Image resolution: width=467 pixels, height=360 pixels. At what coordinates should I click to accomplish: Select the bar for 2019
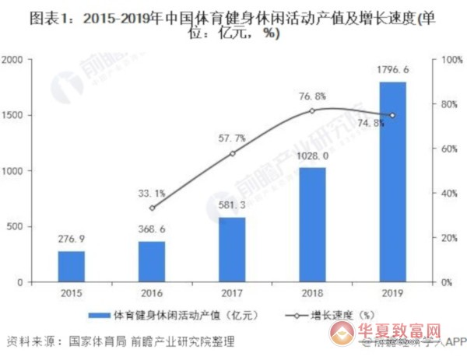[x=392, y=183]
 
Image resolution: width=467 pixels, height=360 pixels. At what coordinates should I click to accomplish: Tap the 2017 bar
[x=232, y=250]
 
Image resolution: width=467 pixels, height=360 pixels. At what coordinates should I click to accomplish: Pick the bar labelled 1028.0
[x=312, y=225]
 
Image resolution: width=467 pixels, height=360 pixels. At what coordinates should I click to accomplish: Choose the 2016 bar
[x=152, y=262]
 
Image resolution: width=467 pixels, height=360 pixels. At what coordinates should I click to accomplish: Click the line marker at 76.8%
[x=312, y=111]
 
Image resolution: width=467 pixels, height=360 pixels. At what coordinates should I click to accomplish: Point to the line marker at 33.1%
[x=152, y=208]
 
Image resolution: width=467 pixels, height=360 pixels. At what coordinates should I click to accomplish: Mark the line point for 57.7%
[x=232, y=154]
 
